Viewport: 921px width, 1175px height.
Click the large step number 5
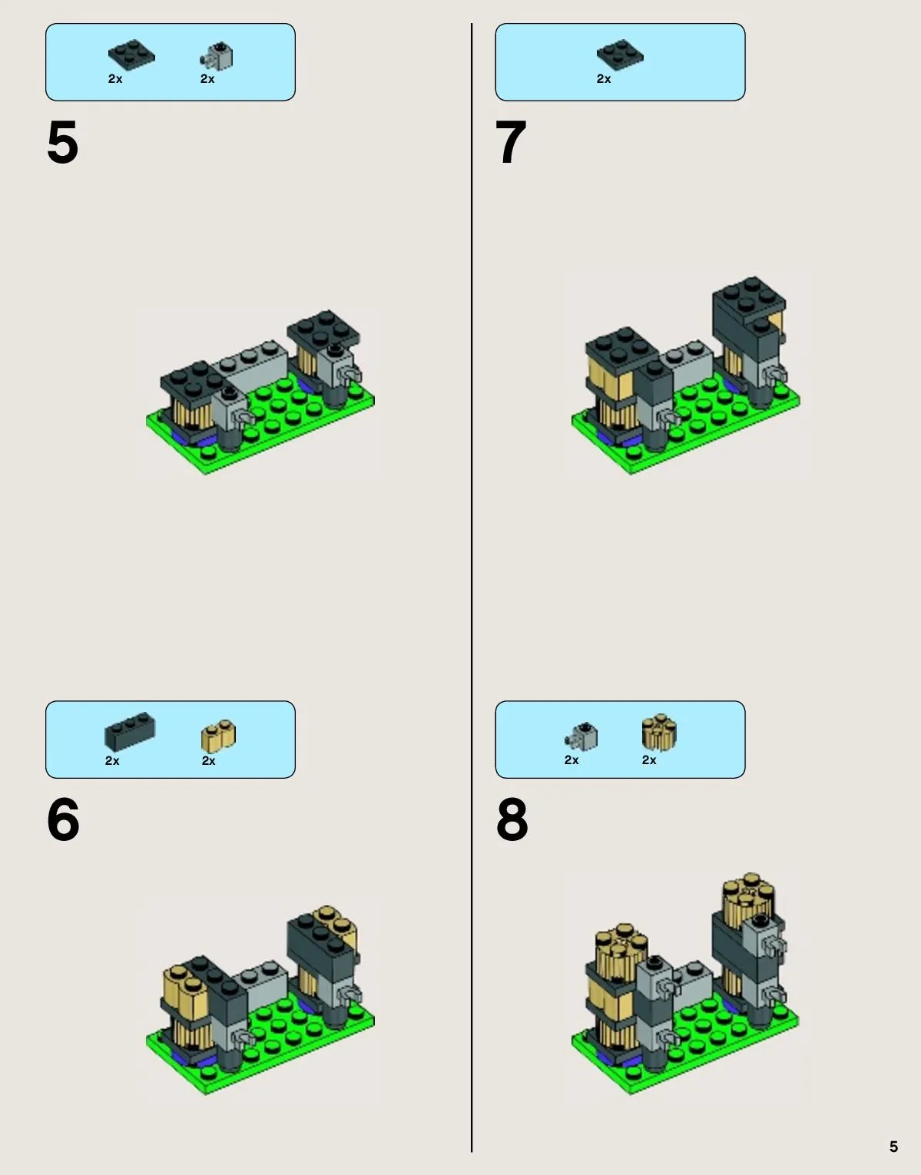(x=63, y=141)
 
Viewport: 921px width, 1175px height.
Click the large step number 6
(x=63, y=819)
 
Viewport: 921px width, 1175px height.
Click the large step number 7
(x=511, y=141)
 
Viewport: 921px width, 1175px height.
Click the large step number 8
(x=512, y=819)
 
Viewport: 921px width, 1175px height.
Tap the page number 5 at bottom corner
(x=893, y=1146)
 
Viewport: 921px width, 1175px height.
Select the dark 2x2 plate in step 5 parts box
(x=131, y=55)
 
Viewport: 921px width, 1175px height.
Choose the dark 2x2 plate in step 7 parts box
(x=620, y=55)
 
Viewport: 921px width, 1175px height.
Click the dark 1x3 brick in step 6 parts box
(x=130, y=731)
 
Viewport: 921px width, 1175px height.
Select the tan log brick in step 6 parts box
(x=218, y=736)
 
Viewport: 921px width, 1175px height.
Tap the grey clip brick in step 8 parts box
(x=581, y=736)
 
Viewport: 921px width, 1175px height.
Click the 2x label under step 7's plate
(x=604, y=79)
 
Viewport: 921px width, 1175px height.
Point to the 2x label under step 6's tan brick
(x=208, y=761)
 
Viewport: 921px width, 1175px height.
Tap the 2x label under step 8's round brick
(x=649, y=760)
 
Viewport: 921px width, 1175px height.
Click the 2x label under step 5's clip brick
(x=207, y=79)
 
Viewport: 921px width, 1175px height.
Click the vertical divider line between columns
(x=472, y=587)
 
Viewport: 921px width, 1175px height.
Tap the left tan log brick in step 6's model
(x=185, y=988)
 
